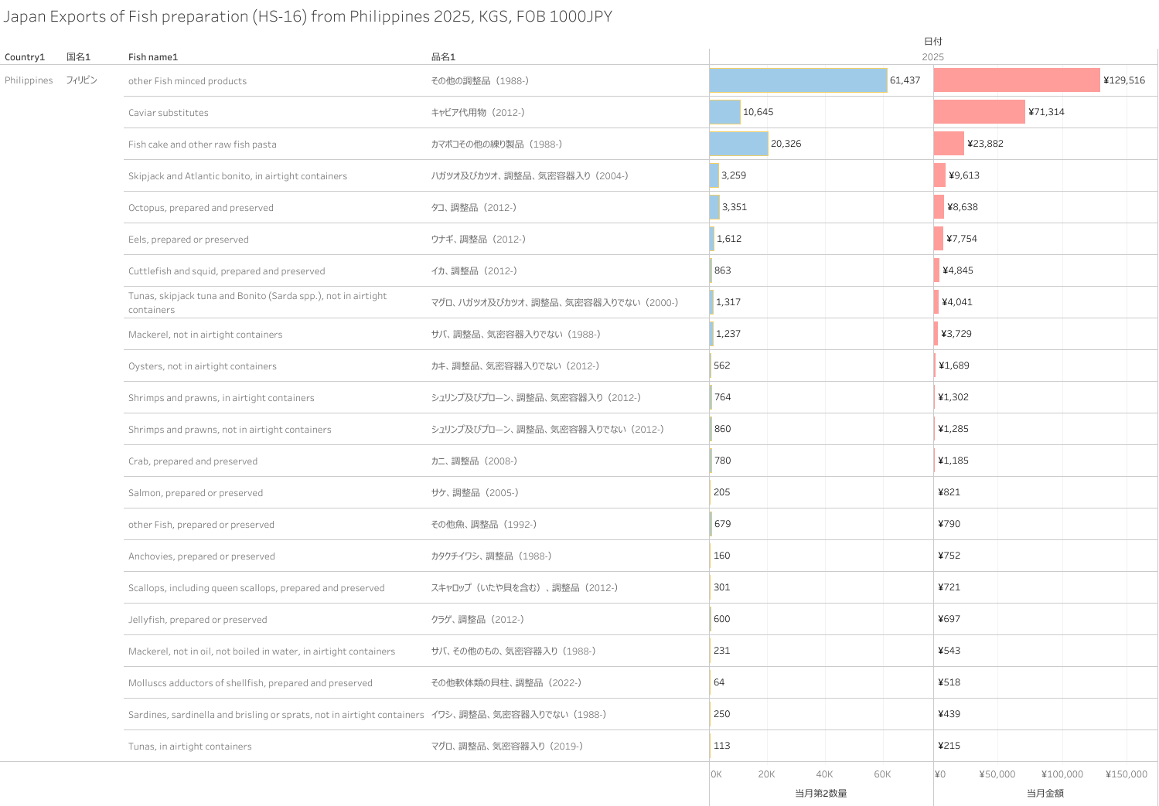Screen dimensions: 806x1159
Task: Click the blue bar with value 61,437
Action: click(798, 80)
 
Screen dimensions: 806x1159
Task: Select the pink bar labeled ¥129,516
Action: click(1017, 80)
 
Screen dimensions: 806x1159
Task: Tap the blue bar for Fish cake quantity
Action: click(738, 144)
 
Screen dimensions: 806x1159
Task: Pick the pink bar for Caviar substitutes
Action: click(979, 112)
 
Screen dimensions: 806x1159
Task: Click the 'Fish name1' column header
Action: click(153, 57)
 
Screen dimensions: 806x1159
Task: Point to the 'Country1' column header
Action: click(25, 57)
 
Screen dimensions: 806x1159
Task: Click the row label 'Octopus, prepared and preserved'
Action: click(201, 208)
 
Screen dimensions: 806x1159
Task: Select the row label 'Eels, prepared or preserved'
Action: click(189, 240)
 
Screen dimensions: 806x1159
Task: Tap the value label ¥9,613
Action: click(964, 175)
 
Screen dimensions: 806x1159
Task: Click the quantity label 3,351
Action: click(735, 207)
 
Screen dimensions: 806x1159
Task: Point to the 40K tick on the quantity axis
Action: click(824, 774)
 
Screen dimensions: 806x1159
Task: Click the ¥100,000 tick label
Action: click(1062, 774)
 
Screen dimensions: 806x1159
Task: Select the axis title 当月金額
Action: click(1045, 793)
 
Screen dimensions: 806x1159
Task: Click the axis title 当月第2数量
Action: click(821, 793)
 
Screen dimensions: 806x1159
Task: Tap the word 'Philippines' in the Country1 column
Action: click(29, 80)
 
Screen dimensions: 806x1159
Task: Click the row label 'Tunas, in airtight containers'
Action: click(190, 746)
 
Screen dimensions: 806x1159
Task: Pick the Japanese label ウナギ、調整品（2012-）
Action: click(479, 240)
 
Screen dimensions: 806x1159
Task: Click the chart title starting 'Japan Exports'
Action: click(308, 16)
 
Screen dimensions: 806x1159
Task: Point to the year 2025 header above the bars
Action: click(932, 57)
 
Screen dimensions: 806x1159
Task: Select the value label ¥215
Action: click(949, 746)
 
